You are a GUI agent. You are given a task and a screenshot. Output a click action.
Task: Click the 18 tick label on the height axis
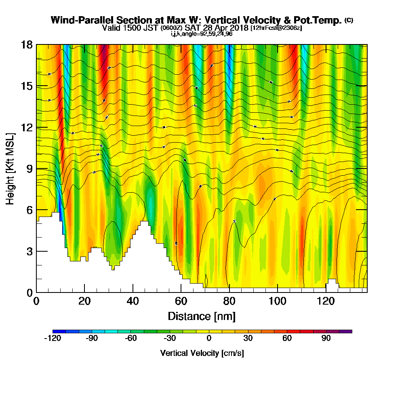pyautogui.click(x=27, y=45)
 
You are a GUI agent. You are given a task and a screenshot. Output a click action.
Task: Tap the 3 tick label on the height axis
pyautogui.click(x=29, y=251)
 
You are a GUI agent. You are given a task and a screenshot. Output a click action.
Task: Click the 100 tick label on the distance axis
pyautogui.click(x=278, y=301)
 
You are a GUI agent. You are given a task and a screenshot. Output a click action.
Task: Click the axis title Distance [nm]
pyautogui.click(x=202, y=316)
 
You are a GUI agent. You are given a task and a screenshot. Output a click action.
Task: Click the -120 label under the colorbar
pyautogui.click(x=52, y=339)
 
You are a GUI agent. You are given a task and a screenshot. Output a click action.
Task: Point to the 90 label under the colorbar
pyautogui.click(x=326, y=339)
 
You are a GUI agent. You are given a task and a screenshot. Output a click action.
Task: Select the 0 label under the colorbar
pyautogui.click(x=209, y=339)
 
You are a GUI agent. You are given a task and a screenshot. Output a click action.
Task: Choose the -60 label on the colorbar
pyautogui.click(x=130, y=339)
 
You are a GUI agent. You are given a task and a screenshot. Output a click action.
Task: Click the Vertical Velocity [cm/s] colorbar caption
pyautogui.click(x=202, y=353)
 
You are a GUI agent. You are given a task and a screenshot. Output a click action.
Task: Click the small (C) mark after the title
pyautogui.click(x=348, y=20)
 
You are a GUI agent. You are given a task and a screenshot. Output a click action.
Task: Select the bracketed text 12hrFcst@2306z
pyautogui.click(x=276, y=28)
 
